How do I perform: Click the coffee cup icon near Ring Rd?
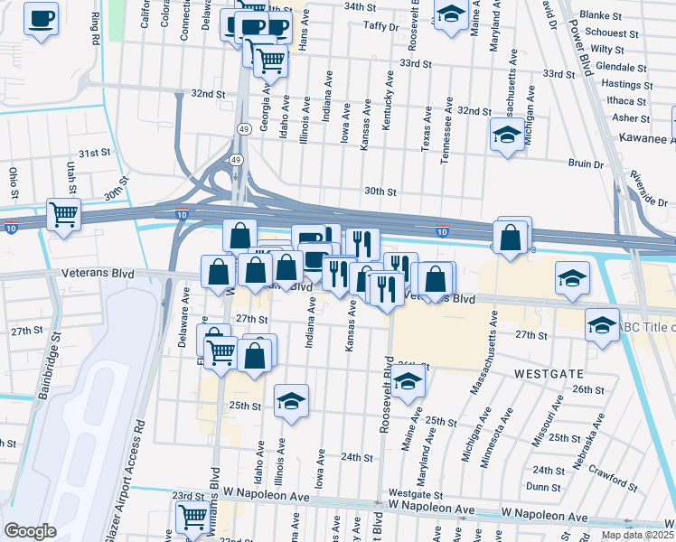pos(40,18)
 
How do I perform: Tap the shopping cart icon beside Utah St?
pos(63,215)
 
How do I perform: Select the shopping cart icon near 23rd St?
pos(192,517)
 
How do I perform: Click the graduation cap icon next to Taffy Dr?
pos(449,14)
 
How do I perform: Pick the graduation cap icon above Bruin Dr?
pos(507,135)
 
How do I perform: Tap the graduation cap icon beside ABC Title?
pos(602,324)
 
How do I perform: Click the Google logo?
pos(29,531)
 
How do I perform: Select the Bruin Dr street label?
pos(586,164)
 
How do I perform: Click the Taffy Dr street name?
pos(380,27)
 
